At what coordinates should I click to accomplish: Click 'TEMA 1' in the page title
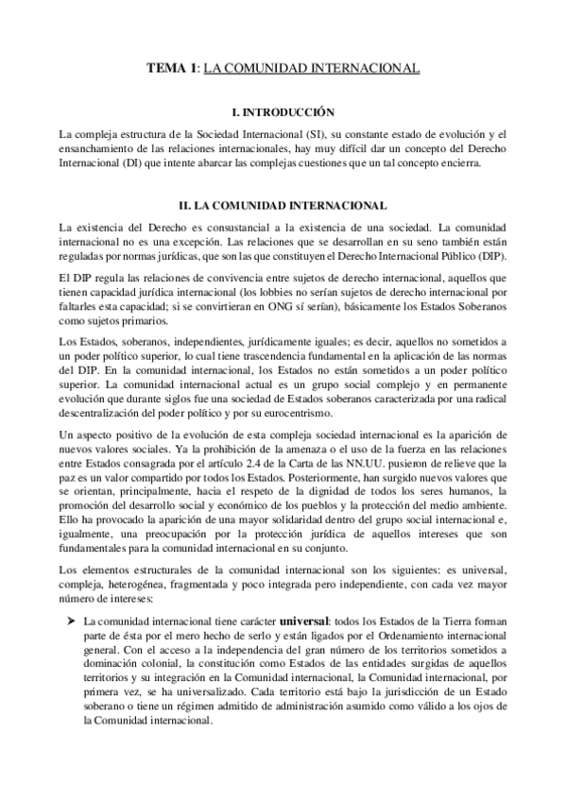pos(172,69)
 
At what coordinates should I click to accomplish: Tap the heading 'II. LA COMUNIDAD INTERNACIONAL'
pos(283,205)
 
